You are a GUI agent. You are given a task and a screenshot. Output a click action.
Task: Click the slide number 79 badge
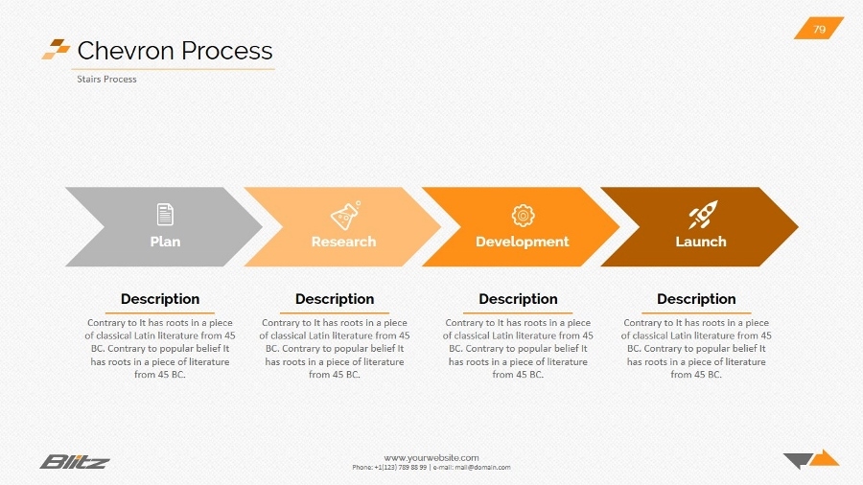pyautogui.click(x=819, y=29)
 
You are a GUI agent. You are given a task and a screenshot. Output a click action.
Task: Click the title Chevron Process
pyautogui.click(x=175, y=51)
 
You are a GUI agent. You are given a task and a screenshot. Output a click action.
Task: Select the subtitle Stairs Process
pyautogui.click(x=106, y=79)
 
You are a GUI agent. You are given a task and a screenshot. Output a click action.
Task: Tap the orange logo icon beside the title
pyautogui.click(x=56, y=49)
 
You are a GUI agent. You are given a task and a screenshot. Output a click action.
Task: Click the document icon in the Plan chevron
pyautogui.click(x=165, y=214)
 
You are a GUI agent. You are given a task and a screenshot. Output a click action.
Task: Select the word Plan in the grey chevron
pyautogui.click(x=165, y=242)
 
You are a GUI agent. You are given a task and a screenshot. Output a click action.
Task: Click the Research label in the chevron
pyautogui.click(x=343, y=242)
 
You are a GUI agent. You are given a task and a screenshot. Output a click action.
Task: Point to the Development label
pyautogui.click(x=523, y=242)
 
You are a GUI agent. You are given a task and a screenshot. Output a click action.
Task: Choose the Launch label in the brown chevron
pyautogui.click(x=701, y=242)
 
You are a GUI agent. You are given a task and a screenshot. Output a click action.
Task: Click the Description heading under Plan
pyautogui.click(x=160, y=299)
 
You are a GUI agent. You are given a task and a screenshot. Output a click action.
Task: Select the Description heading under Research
pyautogui.click(x=335, y=299)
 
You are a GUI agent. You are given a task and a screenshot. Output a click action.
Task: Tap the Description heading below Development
pyautogui.click(x=518, y=299)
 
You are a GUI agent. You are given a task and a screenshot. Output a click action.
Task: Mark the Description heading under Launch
pyautogui.click(x=696, y=299)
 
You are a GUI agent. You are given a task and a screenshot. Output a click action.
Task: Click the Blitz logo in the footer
pyautogui.click(x=75, y=462)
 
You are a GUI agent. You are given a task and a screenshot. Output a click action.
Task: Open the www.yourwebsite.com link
pyautogui.click(x=431, y=457)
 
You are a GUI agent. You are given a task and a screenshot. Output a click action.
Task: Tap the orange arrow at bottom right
pyautogui.click(x=825, y=457)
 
